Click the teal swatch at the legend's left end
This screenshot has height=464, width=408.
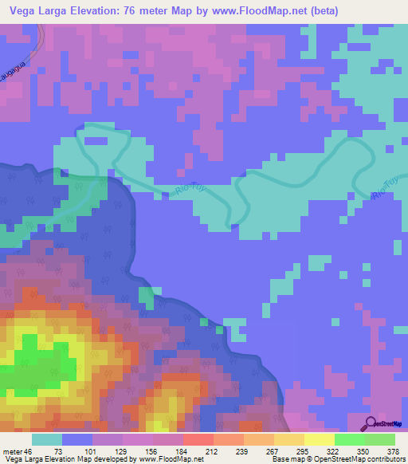point(47,440)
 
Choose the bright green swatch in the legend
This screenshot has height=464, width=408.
point(349,440)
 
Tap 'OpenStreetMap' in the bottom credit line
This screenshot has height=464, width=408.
point(343,458)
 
